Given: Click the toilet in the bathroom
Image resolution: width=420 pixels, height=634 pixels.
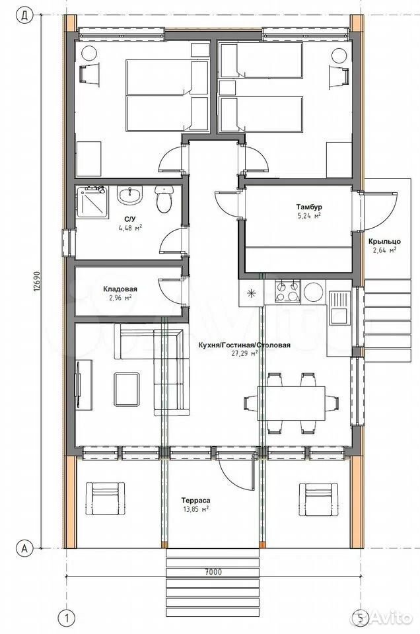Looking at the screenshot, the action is pyautogui.click(x=164, y=199).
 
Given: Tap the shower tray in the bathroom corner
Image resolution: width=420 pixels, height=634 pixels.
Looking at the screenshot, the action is pyautogui.click(x=92, y=202).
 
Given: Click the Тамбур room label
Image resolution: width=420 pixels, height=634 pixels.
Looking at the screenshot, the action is pyautogui.click(x=309, y=207).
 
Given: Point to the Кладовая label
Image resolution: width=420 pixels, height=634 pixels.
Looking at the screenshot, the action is pyautogui.click(x=120, y=289).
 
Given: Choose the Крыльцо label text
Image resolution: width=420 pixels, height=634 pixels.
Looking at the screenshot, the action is pyautogui.click(x=384, y=242).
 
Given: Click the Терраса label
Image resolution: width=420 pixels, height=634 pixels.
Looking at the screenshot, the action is pyautogui.click(x=196, y=501).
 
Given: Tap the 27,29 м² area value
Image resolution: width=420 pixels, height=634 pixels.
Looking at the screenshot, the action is pyautogui.click(x=244, y=353).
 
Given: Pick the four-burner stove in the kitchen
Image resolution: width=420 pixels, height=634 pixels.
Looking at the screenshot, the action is pyautogui.click(x=288, y=291).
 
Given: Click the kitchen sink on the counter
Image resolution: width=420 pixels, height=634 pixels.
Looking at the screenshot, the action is pyautogui.click(x=339, y=308).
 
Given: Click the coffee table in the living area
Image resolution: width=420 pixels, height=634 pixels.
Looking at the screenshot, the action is pyautogui.click(x=127, y=389).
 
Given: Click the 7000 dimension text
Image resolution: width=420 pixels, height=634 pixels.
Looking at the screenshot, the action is pyautogui.click(x=213, y=572).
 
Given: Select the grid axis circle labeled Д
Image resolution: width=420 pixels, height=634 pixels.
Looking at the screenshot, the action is pyautogui.click(x=24, y=15).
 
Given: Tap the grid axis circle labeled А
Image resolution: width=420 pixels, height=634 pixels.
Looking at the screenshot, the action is pyautogui.click(x=24, y=549).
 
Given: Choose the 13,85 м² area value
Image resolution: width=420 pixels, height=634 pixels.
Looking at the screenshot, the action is pyautogui.click(x=196, y=509).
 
